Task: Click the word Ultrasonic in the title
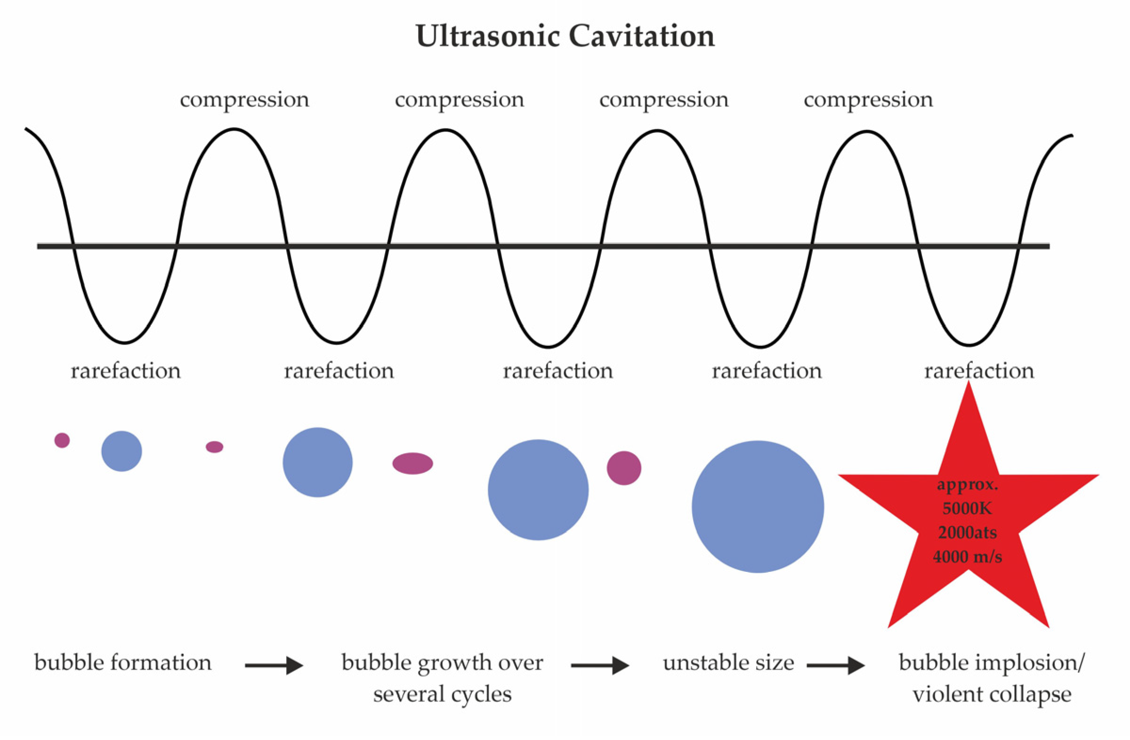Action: (x=488, y=36)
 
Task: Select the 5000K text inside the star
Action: (x=967, y=509)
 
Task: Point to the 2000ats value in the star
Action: (x=967, y=532)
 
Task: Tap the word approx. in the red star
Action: (x=967, y=485)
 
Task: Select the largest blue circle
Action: (x=758, y=507)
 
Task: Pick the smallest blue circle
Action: (x=121, y=451)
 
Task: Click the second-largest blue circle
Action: (x=538, y=490)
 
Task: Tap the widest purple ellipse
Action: (x=412, y=463)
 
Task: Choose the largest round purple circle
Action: (x=624, y=468)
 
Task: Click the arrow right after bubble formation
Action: (x=274, y=666)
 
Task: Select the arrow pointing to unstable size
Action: (x=600, y=666)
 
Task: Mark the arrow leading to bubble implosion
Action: (x=836, y=666)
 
